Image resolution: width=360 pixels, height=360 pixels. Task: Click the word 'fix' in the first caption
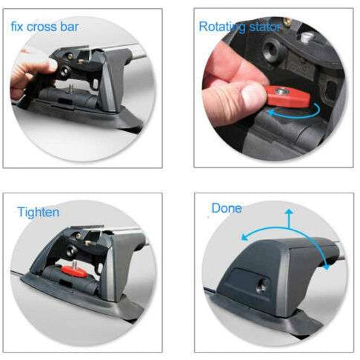click(x=17, y=27)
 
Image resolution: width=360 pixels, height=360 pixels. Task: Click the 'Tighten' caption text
click(x=39, y=212)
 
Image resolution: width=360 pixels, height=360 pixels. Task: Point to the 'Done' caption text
click(x=227, y=208)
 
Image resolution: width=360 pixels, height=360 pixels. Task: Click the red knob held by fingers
click(x=287, y=96)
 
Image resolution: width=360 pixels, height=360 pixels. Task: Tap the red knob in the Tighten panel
click(x=74, y=270)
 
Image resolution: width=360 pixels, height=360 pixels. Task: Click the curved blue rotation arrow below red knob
click(x=294, y=116)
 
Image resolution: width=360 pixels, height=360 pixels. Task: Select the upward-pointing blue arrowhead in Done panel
click(x=289, y=211)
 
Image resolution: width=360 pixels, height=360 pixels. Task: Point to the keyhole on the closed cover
click(x=261, y=287)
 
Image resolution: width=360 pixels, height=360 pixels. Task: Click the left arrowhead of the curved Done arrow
click(x=244, y=237)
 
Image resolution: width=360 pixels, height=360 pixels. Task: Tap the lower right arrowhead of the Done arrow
click(x=327, y=267)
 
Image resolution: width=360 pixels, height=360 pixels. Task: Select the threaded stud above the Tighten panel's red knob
click(x=74, y=264)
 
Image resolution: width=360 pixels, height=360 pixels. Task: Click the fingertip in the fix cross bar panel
click(x=53, y=64)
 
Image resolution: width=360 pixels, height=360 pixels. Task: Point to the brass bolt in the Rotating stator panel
click(x=287, y=22)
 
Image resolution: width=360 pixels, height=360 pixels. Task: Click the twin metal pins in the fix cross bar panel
click(x=71, y=87)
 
